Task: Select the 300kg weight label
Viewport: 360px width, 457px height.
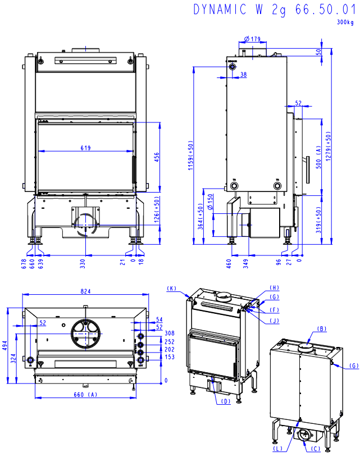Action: click(345, 22)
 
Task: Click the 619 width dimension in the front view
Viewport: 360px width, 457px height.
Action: click(85, 148)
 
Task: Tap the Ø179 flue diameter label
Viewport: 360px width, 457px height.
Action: click(253, 39)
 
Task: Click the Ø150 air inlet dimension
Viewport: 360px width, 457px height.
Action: click(210, 202)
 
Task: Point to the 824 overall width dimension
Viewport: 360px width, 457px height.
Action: click(85, 291)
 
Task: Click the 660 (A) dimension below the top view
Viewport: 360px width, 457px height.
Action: click(86, 395)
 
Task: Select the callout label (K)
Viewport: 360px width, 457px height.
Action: click(172, 289)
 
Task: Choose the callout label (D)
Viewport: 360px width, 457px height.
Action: click(225, 401)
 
